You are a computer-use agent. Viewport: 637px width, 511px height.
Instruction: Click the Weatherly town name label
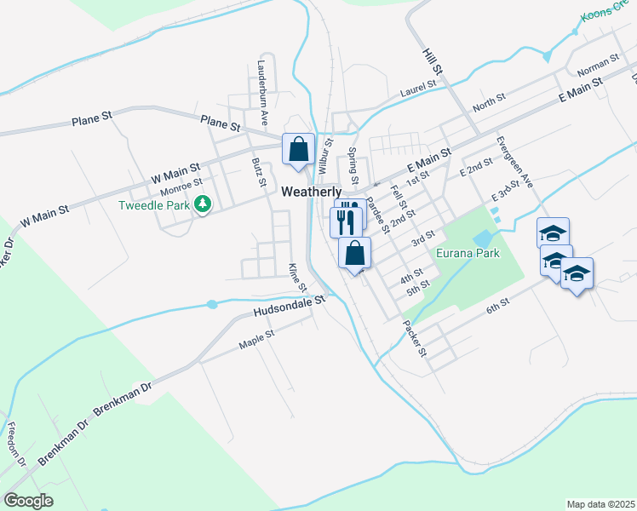click(x=312, y=192)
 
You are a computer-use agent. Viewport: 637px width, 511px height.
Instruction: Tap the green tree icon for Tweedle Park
click(x=203, y=204)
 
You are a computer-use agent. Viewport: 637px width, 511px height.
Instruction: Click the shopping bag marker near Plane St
click(x=298, y=150)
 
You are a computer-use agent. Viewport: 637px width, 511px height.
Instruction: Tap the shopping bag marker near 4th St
click(x=355, y=253)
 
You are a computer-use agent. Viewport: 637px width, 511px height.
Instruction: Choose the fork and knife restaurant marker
click(x=345, y=222)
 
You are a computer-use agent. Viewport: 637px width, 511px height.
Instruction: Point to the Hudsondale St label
click(x=290, y=307)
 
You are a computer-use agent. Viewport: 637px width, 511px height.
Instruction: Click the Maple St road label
click(x=257, y=339)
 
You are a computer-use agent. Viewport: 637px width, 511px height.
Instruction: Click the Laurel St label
click(x=418, y=85)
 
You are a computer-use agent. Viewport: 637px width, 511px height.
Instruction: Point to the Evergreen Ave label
click(x=514, y=161)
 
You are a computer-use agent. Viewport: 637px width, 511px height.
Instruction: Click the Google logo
click(x=28, y=501)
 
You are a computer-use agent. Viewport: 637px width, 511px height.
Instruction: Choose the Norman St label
click(x=597, y=64)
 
